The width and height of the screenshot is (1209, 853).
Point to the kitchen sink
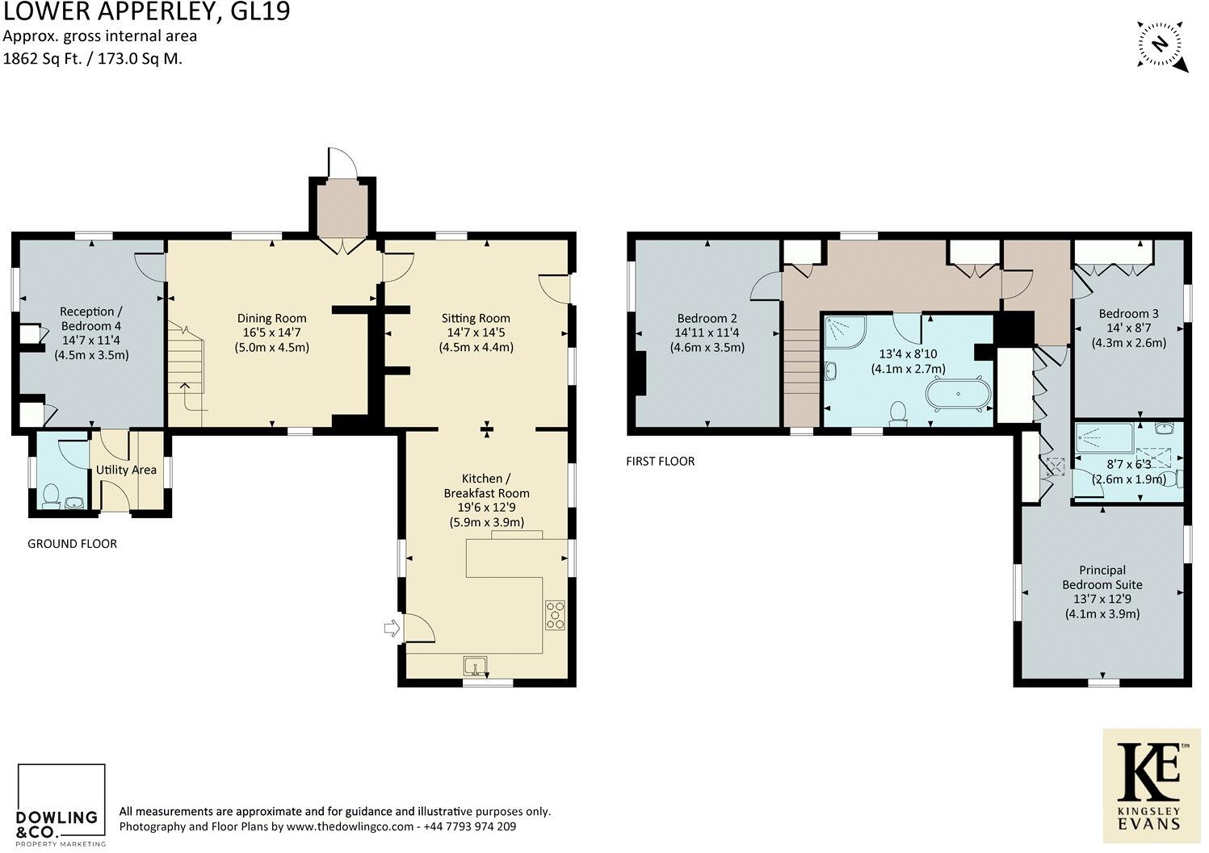point(476,666)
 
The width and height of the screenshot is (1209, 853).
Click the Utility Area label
point(126,470)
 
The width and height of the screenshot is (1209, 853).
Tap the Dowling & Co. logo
point(61,805)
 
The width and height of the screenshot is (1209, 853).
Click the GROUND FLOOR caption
point(72,544)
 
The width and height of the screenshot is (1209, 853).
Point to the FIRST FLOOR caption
point(660,462)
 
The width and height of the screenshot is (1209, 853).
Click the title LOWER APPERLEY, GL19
point(145,12)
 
